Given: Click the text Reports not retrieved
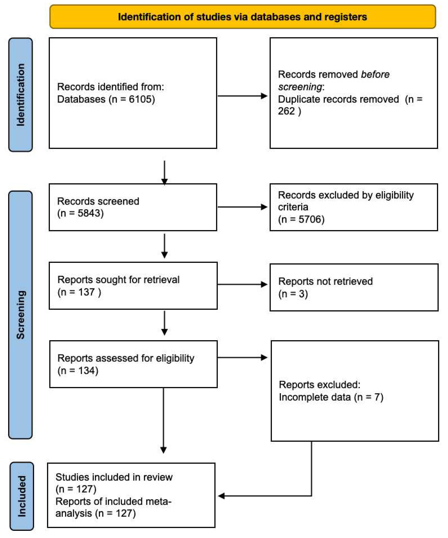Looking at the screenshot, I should pyautogui.click(x=325, y=281).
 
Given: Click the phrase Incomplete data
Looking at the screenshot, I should pyautogui.click(x=315, y=397).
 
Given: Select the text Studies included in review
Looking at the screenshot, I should pyautogui.click(x=114, y=477).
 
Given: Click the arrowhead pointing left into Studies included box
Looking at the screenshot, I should pyautogui.click(x=221, y=496).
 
